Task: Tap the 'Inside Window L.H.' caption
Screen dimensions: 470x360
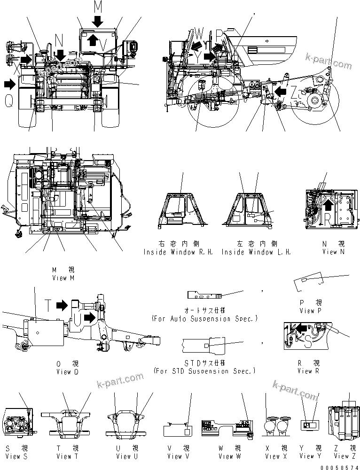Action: [256, 252]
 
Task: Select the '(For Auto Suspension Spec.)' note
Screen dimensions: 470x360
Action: [205, 318]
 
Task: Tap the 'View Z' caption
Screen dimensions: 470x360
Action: [345, 455]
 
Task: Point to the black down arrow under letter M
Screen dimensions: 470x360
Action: [97, 21]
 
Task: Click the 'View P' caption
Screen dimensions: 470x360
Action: [310, 310]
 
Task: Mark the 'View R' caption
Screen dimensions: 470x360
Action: [309, 370]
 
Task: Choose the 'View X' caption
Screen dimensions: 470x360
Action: [276, 456]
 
